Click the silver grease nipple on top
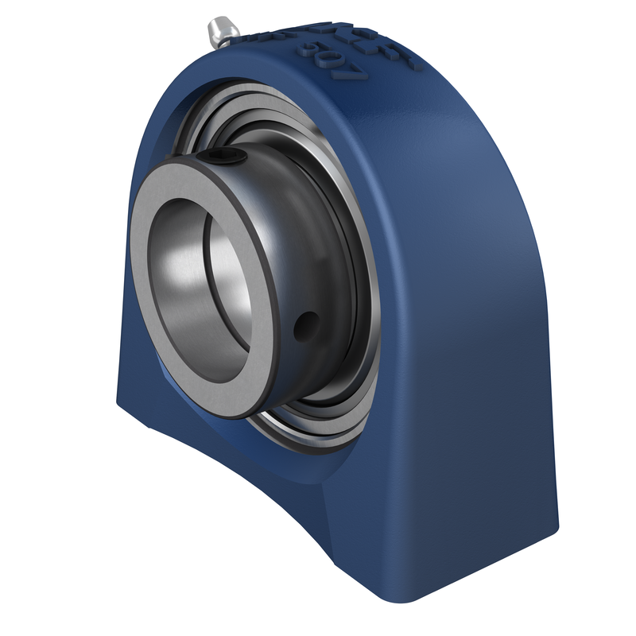point(220,31)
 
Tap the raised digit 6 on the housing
point(310,51)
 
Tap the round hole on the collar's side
point(304,324)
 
